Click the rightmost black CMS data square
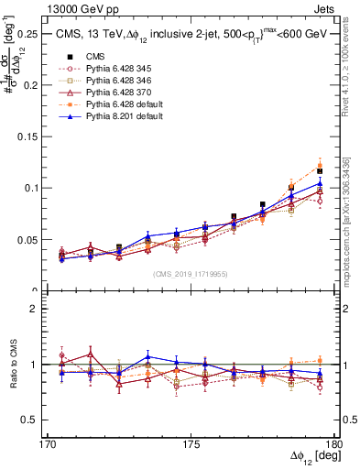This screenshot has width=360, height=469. pyautogui.click(x=320, y=171)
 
